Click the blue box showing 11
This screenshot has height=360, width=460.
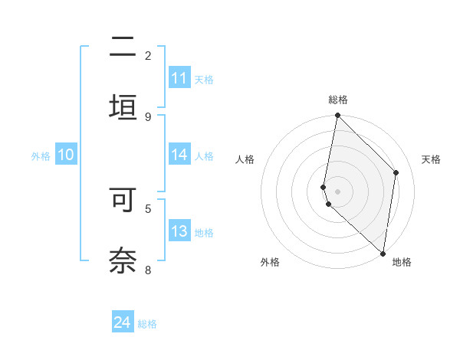[179, 78]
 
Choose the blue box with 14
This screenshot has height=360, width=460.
[179, 155]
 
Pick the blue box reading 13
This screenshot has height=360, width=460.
[179, 232]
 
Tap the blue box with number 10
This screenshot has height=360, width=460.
[66, 155]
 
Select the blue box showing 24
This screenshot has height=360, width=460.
[123, 322]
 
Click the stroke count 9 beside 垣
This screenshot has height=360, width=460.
[148, 116]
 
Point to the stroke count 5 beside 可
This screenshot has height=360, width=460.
[148, 208]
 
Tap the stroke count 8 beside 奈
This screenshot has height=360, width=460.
[148, 269]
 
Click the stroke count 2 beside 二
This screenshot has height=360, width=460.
[148, 56]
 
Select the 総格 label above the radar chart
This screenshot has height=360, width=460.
[338, 100]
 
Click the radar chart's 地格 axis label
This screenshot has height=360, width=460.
[402, 262]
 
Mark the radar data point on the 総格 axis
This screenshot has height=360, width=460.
[337, 115]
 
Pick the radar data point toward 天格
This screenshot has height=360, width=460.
[396, 172]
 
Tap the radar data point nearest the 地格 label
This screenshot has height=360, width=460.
[383, 253]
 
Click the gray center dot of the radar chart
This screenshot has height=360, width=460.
[337, 191]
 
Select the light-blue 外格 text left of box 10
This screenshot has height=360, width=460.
[41, 155]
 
